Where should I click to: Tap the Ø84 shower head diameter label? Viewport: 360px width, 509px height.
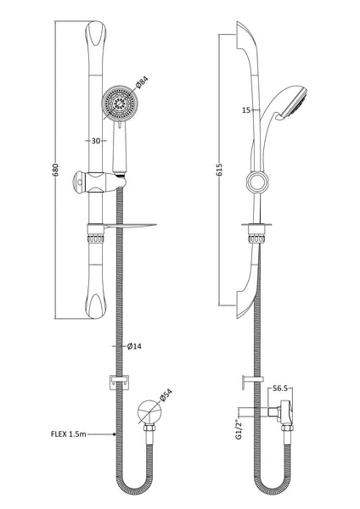click(143, 83)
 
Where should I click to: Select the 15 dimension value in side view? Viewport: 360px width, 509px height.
click(244, 109)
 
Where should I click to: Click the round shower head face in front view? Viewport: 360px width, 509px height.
click(119, 107)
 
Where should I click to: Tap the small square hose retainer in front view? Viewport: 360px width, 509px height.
click(111, 382)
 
